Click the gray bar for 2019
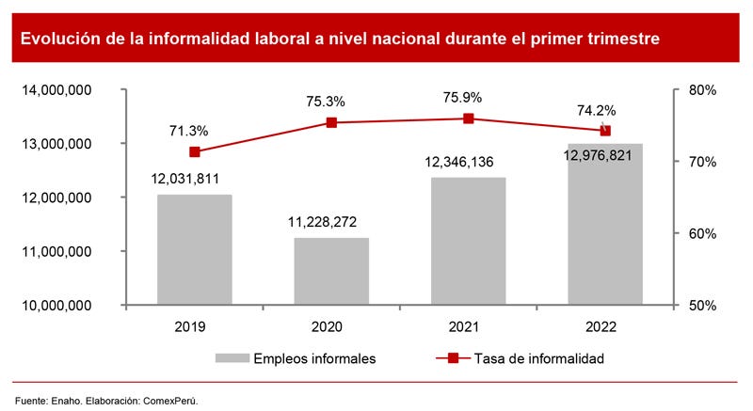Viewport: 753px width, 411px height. pos(194,249)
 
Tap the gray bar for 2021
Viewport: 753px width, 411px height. pos(468,241)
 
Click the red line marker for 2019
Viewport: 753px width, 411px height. pos(195,151)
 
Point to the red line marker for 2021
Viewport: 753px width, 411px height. pos(468,119)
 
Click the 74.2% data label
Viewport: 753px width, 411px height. pos(596,110)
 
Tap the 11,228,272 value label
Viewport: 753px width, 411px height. pos(322,222)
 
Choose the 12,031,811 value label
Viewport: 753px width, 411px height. pos(187,179)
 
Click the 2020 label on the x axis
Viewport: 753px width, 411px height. pos(327,327)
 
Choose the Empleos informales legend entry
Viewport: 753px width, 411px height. pos(296,358)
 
